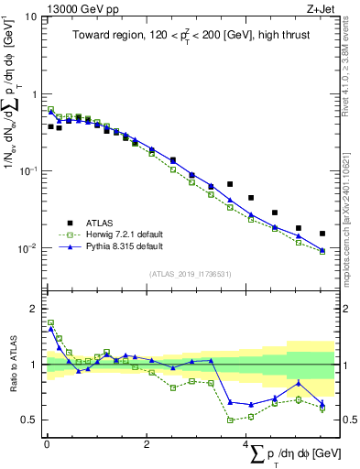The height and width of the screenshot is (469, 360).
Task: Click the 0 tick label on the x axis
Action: [47, 444]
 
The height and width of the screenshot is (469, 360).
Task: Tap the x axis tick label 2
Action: [147, 444]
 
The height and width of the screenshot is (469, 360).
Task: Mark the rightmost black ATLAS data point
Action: [322, 234]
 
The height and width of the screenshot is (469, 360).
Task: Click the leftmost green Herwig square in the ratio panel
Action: [50, 322]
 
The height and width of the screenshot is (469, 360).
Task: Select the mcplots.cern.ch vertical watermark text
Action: [353, 211]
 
